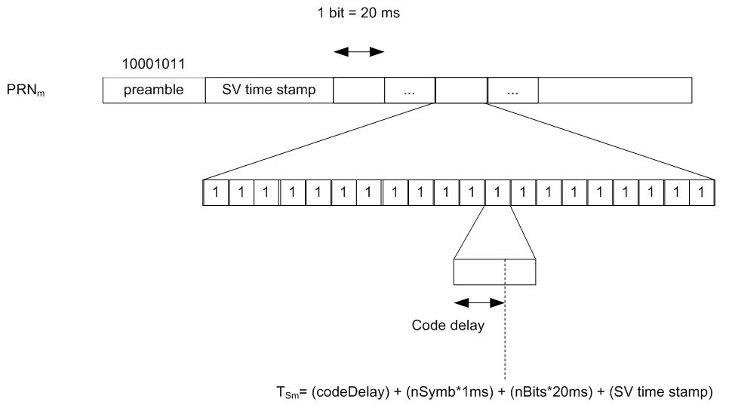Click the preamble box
pyautogui.click(x=153, y=91)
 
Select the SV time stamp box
pyautogui.click(x=269, y=91)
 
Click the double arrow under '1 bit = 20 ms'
pyautogui.click(x=359, y=52)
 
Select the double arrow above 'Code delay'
pyautogui.click(x=478, y=302)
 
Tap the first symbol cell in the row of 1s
pyautogui.click(x=216, y=192)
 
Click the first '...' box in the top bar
pyautogui.click(x=410, y=91)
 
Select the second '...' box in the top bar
pyautogui.click(x=512, y=91)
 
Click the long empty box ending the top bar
pyautogui.click(x=615, y=91)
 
